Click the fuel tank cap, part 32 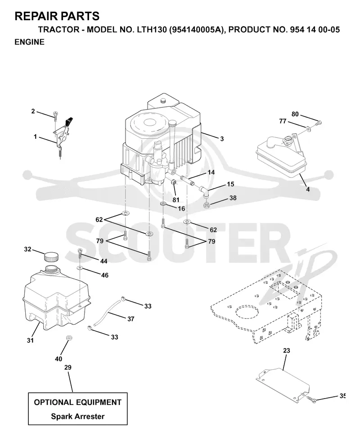tap(51, 256)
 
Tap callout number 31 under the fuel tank tap(30, 340)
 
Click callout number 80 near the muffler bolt tap(295, 114)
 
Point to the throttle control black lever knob tap(69, 121)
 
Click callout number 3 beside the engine tap(222, 139)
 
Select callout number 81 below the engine tap(176, 200)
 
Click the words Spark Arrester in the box tap(78, 417)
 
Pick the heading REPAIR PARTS tap(57, 16)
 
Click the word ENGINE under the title tap(29, 42)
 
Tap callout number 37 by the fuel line tap(130, 319)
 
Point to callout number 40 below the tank tap(58, 358)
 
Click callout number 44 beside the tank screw tap(104, 261)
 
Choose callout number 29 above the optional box tap(68, 367)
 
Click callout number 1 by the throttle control tap(36, 136)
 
